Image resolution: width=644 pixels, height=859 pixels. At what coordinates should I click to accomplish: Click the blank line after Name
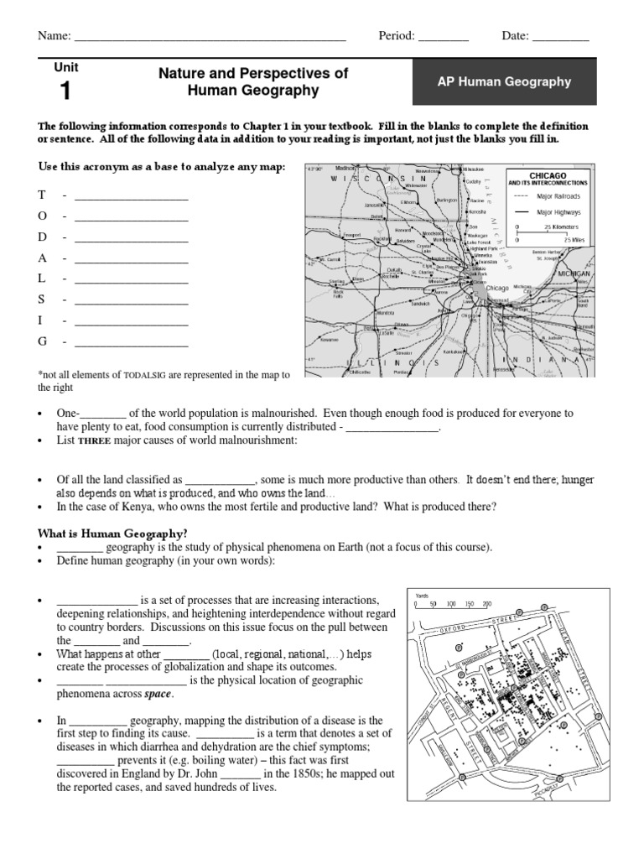point(210,37)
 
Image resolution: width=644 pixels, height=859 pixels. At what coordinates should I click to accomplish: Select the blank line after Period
point(443,37)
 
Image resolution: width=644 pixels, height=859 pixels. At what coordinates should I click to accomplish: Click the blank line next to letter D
point(131,237)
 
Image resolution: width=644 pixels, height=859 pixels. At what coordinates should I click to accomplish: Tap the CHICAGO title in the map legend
point(548,175)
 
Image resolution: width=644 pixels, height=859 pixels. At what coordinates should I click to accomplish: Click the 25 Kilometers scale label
point(562,226)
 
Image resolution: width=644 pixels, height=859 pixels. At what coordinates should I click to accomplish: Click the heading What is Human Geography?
point(112,534)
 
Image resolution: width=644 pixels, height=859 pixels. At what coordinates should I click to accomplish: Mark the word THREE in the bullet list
point(90,440)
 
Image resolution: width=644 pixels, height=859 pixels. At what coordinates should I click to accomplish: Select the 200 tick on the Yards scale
point(487,603)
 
